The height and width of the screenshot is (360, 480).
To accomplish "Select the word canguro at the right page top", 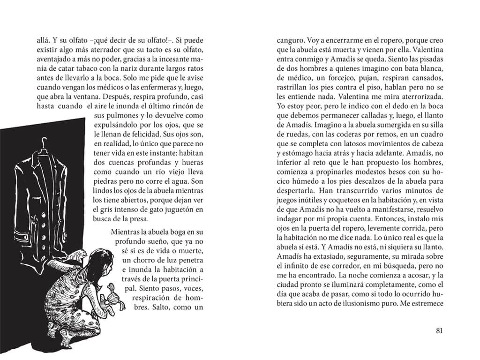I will [x=291, y=40].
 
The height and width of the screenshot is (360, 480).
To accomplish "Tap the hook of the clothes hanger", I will [x=45, y=141].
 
